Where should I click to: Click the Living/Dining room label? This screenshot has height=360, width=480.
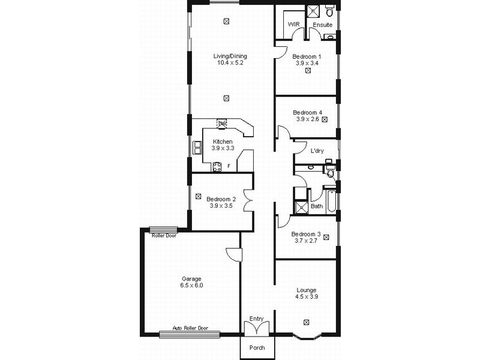click(x=230, y=56)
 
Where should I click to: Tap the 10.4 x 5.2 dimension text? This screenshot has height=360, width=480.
click(x=230, y=63)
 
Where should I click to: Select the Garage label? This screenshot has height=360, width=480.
click(x=191, y=279)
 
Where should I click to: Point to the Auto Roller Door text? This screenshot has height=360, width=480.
click(x=190, y=328)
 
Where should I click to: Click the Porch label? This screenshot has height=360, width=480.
click(x=257, y=348)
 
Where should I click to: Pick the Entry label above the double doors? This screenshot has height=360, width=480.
click(x=257, y=319)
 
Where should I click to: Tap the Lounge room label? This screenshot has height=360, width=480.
click(x=307, y=290)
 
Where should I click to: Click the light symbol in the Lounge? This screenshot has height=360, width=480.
click(x=306, y=322)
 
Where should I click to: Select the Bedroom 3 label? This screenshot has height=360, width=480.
click(x=306, y=234)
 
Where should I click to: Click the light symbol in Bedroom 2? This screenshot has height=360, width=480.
click(x=198, y=196)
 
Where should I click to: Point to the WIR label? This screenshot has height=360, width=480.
click(x=293, y=24)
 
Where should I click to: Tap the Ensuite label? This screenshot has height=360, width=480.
click(x=323, y=25)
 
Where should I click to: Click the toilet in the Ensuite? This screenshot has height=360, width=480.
click(x=329, y=11)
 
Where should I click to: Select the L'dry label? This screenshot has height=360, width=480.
click(x=317, y=151)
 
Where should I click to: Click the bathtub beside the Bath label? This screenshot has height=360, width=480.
click(x=331, y=201)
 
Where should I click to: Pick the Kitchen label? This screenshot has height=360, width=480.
click(x=223, y=142)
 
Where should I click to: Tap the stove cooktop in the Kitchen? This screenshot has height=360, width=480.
click(x=217, y=167)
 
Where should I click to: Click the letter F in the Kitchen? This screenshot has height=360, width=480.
click(x=229, y=166)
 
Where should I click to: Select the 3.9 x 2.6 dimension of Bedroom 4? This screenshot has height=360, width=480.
click(x=308, y=119)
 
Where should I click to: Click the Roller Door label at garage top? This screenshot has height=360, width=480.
click(x=164, y=236)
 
